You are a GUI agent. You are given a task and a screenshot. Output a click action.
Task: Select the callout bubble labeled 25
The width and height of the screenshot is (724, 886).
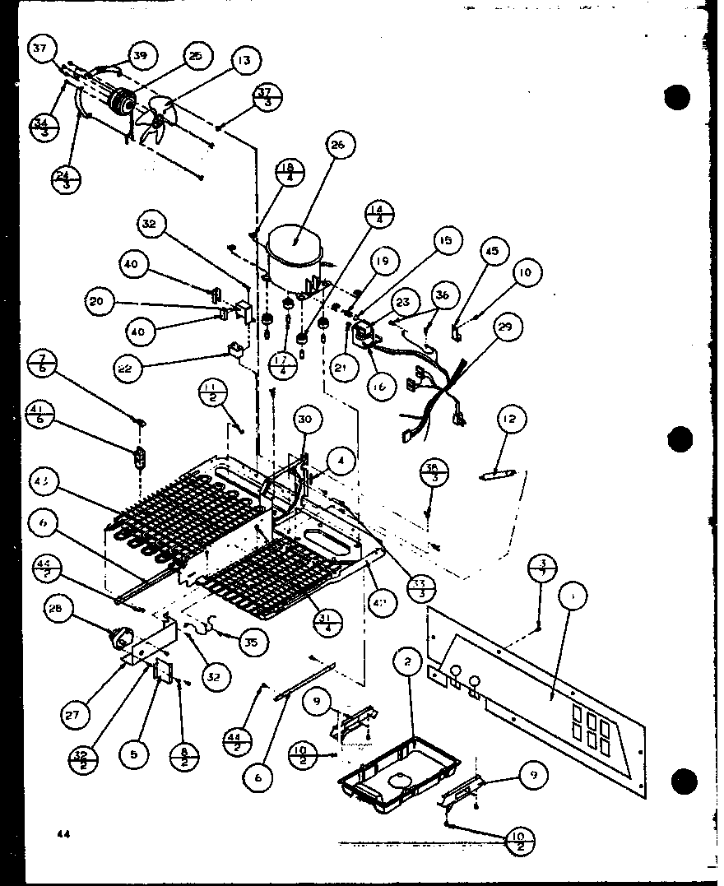(x=194, y=56)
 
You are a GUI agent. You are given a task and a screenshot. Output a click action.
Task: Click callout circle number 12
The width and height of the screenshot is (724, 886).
(x=508, y=421)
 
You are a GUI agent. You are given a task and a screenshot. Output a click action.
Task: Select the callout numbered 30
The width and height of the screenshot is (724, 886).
(x=304, y=420)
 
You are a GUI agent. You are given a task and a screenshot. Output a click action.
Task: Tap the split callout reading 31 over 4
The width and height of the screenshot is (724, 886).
(x=327, y=607)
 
